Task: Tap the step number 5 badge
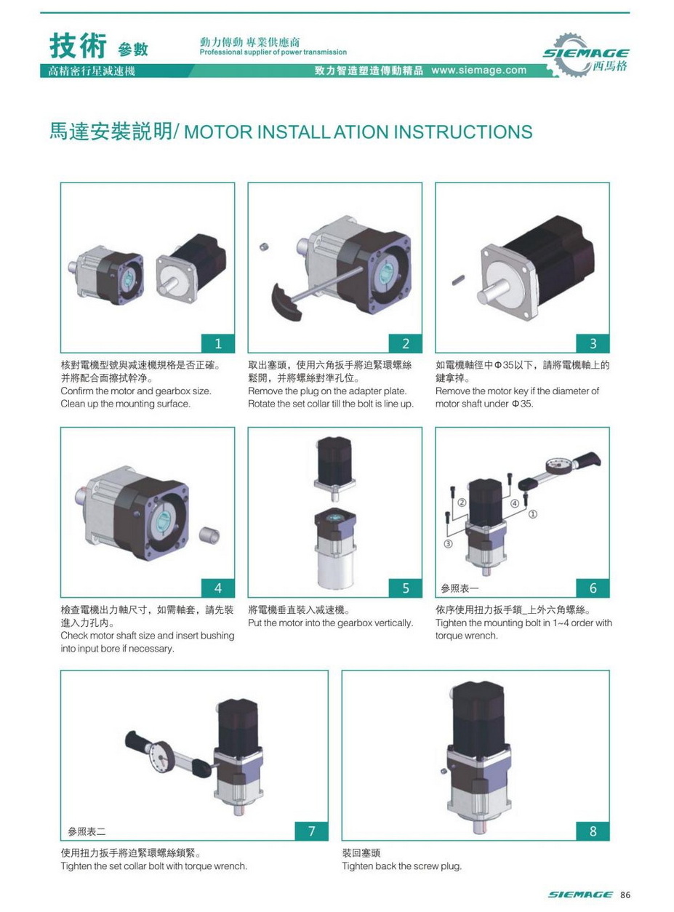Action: coord(406,588)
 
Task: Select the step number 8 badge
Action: coord(593,831)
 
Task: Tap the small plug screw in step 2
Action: coord(265,248)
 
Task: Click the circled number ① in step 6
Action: coord(532,514)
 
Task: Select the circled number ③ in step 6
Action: coord(449,544)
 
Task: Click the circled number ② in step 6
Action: coord(462,503)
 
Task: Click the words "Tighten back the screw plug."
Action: coord(401,866)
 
